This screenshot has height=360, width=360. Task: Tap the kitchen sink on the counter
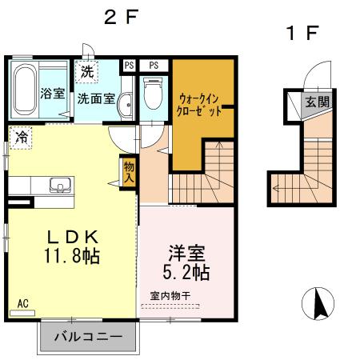(x=60, y=186)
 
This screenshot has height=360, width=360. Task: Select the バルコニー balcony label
(x=88, y=338)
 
